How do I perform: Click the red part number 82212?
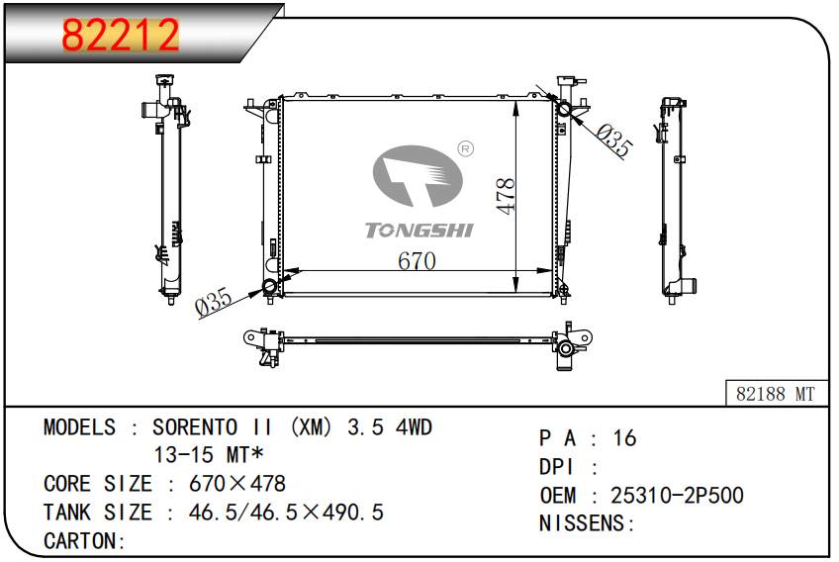(x=121, y=36)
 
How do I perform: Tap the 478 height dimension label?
(x=506, y=197)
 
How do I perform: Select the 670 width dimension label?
(x=417, y=261)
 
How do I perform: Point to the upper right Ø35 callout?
(x=614, y=140)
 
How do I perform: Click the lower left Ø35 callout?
(x=214, y=302)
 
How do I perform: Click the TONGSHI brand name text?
(x=419, y=231)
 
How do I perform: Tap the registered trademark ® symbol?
(x=466, y=148)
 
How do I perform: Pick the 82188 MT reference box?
(x=776, y=394)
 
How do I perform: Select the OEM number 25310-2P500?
(x=677, y=495)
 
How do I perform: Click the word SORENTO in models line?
(x=195, y=427)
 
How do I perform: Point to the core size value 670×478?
(x=237, y=483)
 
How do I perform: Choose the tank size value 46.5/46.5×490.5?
(x=286, y=513)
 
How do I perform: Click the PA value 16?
(x=624, y=437)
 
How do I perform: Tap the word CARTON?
(x=80, y=540)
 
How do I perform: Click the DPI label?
(x=556, y=467)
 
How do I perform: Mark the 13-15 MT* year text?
(x=209, y=455)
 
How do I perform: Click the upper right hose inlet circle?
(x=564, y=109)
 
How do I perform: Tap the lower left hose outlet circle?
(x=270, y=286)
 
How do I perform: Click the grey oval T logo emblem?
(x=418, y=176)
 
